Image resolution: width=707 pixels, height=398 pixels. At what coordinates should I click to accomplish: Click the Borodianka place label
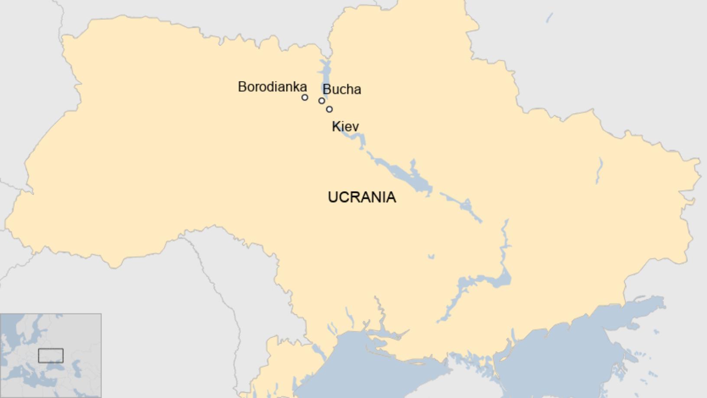pyautogui.click(x=272, y=87)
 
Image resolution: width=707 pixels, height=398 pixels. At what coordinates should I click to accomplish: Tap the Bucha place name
pyautogui.click(x=342, y=89)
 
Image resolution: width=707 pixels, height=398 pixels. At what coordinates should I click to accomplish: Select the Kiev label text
pyautogui.click(x=345, y=127)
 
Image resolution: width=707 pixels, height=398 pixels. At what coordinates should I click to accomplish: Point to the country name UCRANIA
pyautogui.click(x=362, y=197)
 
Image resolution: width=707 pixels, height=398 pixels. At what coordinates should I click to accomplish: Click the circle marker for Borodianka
pyautogui.click(x=305, y=98)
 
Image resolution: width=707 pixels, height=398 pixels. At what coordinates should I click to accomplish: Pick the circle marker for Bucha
pyautogui.click(x=321, y=101)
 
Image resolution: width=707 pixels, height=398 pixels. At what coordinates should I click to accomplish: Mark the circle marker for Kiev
pyautogui.click(x=329, y=109)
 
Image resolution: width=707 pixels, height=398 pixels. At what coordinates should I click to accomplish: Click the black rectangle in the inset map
pyautogui.click(x=51, y=356)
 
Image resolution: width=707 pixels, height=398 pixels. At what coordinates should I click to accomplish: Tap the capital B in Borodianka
pyautogui.click(x=242, y=87)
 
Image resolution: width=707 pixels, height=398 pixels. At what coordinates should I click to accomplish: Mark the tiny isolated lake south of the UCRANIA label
pyautogui.click(x=431, y=257)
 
